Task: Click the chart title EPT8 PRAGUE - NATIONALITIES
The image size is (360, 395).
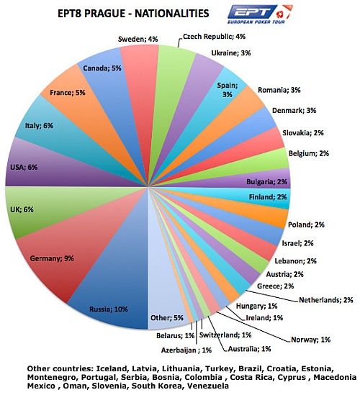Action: (x=133, y=14)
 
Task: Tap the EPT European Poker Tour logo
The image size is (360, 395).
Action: (x=260, y=14)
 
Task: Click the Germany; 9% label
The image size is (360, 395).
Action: (x=52, y=258)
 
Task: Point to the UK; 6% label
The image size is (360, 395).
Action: (x=22, y=209)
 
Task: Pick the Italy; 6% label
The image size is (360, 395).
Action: (x=39, y=125)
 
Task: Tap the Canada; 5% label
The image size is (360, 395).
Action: (x=102, y=68)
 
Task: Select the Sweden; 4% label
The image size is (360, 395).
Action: (x=138, y=39)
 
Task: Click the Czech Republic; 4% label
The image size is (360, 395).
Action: (x=214, y=37)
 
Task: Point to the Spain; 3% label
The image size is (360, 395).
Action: (x=228, y=90)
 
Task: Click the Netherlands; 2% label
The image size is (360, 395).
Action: (x=326, y=300)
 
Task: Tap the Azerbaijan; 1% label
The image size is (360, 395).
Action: (x=186, y=350)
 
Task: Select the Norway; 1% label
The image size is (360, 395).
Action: (x=311, y=340)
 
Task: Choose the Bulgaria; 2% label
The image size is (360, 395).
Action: (x=266, y=181)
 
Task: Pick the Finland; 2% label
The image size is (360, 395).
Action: (x=268, y=196)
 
